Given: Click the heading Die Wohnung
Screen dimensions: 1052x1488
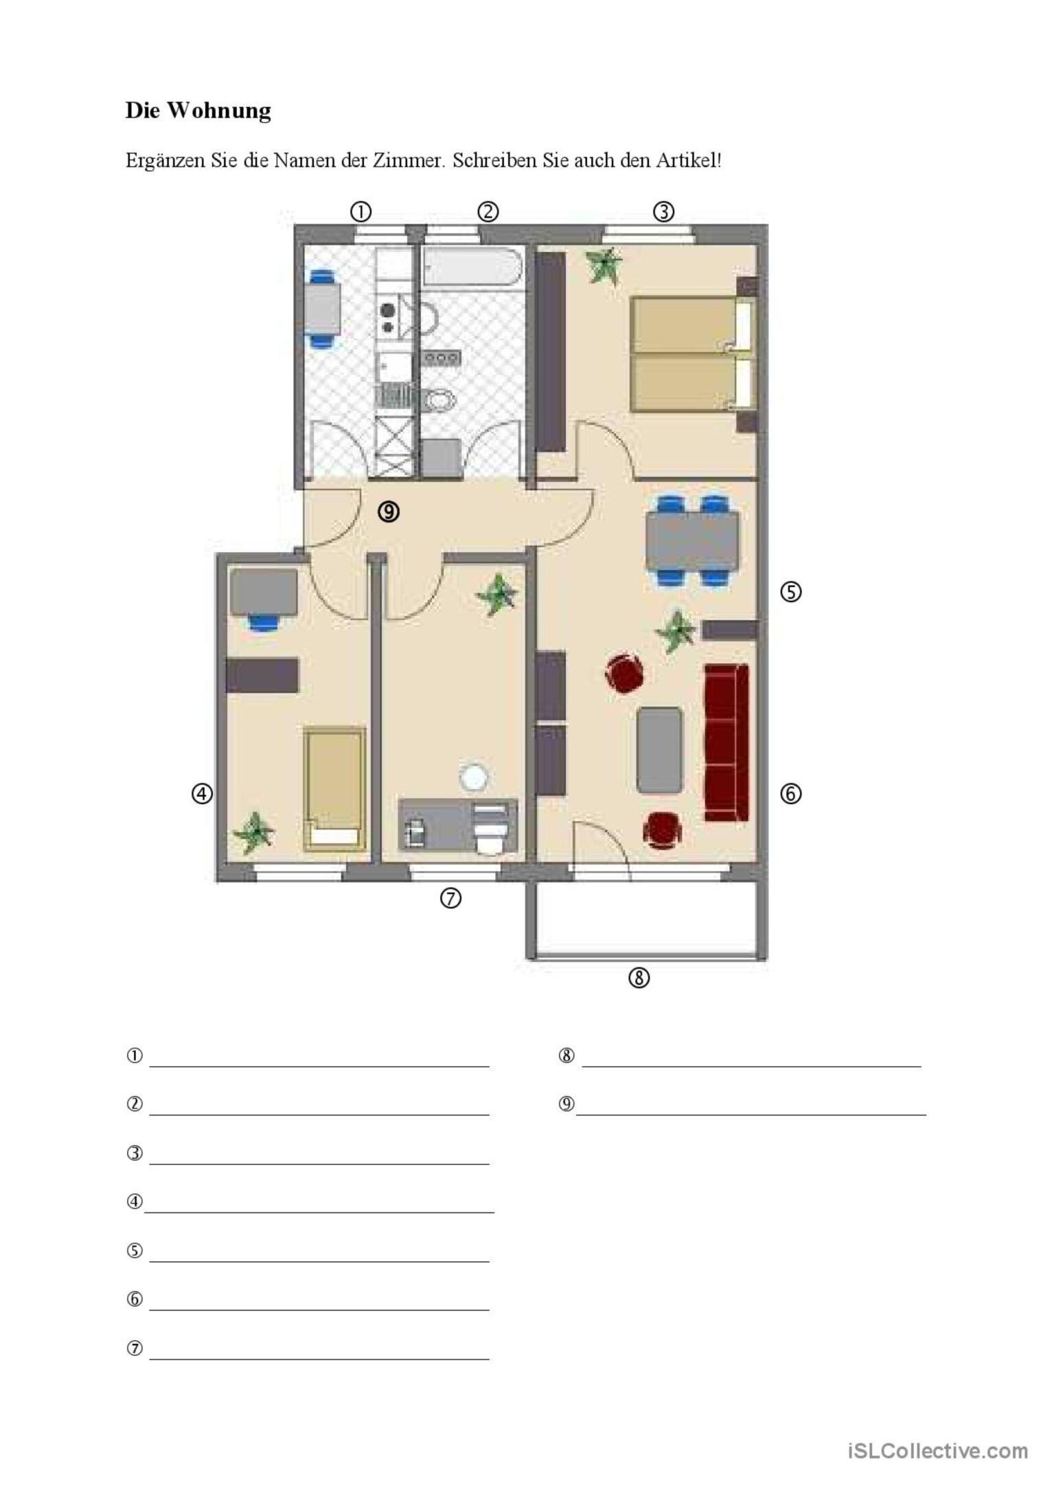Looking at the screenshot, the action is [198, 111].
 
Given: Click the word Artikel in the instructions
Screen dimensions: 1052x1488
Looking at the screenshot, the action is [687, 161].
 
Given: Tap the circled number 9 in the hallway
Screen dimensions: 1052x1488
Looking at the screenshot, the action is [389, 512].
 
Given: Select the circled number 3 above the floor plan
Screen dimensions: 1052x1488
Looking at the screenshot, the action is [663, 211].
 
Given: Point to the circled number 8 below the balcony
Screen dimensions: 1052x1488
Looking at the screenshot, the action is [639, 977].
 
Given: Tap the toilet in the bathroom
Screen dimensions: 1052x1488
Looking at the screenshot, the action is [439, 400].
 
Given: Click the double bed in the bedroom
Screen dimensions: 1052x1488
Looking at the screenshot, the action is [693, 354].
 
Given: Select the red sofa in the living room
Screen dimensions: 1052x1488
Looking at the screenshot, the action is [727, 742].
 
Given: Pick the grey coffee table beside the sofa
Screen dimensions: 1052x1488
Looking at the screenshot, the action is [659, 751].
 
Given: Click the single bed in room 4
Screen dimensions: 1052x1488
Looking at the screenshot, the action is [334, 789].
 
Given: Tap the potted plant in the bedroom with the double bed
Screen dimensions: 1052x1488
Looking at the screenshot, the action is [604, 264].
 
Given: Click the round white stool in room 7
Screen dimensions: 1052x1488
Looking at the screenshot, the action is [474, 779].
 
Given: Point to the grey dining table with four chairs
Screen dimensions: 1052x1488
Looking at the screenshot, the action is [692, 540].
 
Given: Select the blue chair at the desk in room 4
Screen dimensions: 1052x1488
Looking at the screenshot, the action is [264, 622].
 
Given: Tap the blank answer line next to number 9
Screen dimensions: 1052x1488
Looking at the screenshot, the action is [751, 1115].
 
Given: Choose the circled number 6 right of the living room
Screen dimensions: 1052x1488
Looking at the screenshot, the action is [790, 794].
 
